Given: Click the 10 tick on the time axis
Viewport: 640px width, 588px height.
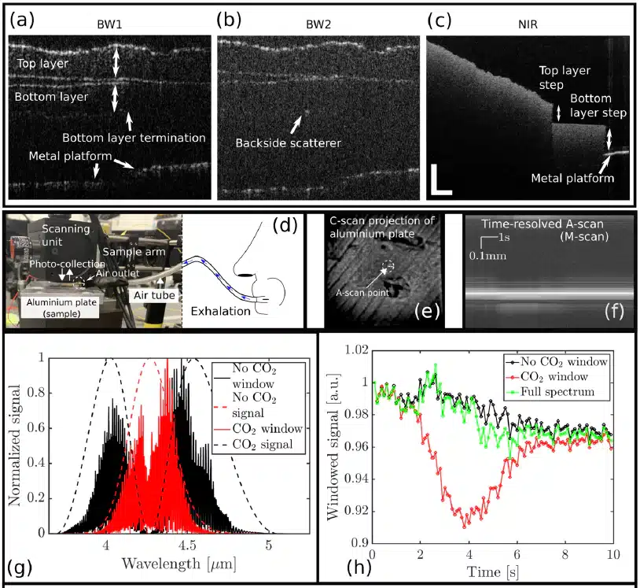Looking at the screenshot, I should pos(610,555).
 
